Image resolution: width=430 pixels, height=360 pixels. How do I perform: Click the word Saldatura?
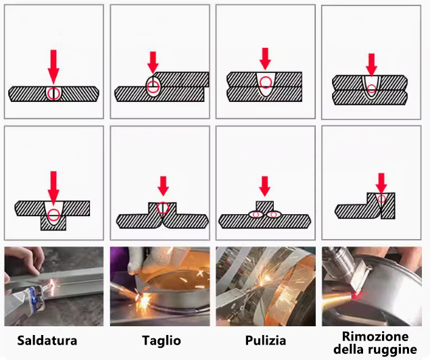(47, 340)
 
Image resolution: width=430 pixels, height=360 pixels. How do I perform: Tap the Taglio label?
(162, 341)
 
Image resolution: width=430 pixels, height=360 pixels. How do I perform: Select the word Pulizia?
(266, 340)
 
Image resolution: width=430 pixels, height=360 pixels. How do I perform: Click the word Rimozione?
(375, 336)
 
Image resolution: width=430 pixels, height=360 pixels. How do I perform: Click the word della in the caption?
(349, 349)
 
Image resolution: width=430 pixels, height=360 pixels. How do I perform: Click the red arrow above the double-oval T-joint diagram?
(264, 186)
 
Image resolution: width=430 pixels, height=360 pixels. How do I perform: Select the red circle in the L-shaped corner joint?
(381, 199)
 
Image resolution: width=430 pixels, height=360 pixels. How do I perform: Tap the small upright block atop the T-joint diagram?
(264, 207)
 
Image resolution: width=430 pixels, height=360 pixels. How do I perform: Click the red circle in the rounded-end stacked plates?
(372, 88)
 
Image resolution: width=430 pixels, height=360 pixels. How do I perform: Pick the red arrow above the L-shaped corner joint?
(381, 183)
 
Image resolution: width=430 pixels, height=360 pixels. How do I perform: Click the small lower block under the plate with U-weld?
(53, 223)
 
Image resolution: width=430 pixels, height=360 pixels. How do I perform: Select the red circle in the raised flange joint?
(163, 208)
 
